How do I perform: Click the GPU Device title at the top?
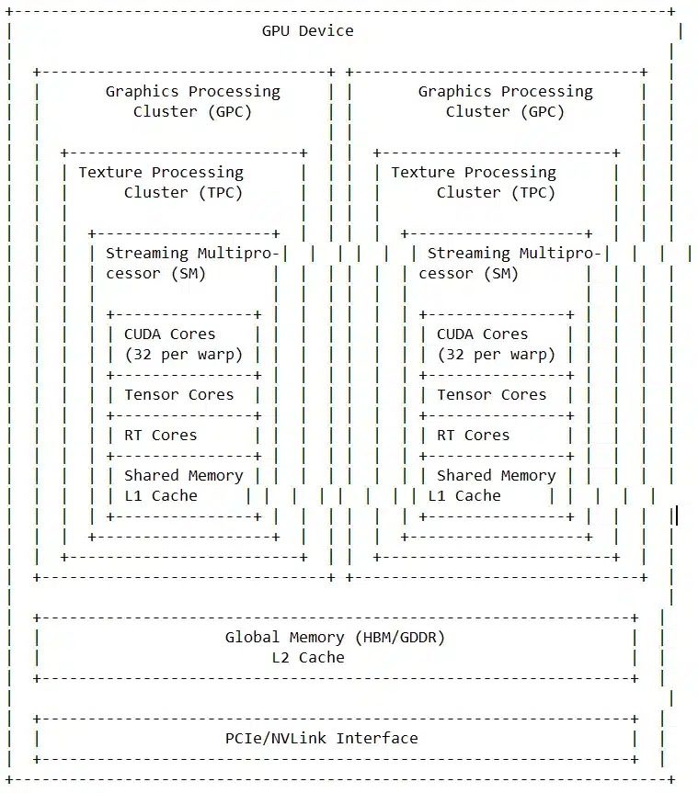(307, 30)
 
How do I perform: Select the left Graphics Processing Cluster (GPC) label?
(192, 101)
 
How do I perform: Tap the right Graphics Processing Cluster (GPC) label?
(505, 101)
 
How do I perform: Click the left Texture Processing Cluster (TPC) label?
(161, 182)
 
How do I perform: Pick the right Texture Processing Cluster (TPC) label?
(474, 182)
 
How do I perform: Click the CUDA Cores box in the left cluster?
(183, 345)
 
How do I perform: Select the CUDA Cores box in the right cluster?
(496, 345)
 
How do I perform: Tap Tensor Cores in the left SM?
(178, 394)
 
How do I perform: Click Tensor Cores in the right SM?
(491, 394)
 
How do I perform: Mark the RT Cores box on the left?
(160, 435)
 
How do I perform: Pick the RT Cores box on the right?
(473, 435)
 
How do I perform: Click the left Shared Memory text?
(183, 475)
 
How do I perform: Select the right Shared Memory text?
(496, 475)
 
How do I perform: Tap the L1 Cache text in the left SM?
(160, 495)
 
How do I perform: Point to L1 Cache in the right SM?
(463, 495)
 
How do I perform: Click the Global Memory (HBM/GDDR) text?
(335, 637)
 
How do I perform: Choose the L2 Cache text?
(307, 657)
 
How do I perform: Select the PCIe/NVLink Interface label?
(321, 738)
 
